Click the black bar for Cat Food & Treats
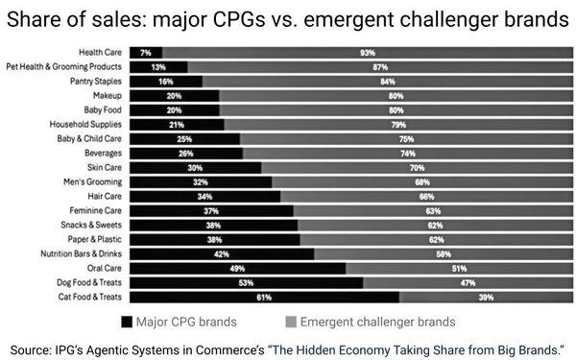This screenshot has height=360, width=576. pos(264,297)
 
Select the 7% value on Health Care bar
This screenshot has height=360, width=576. pos(145,53)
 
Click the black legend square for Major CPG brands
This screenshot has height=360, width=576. pos(129,322)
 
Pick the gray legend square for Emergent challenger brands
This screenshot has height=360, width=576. pos(292,322)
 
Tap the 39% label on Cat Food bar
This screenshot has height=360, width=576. pos(486,297)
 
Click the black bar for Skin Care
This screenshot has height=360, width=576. pos(195,167)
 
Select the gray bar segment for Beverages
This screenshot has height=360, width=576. pos(408,153)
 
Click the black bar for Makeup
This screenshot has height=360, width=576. pos(174,96)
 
